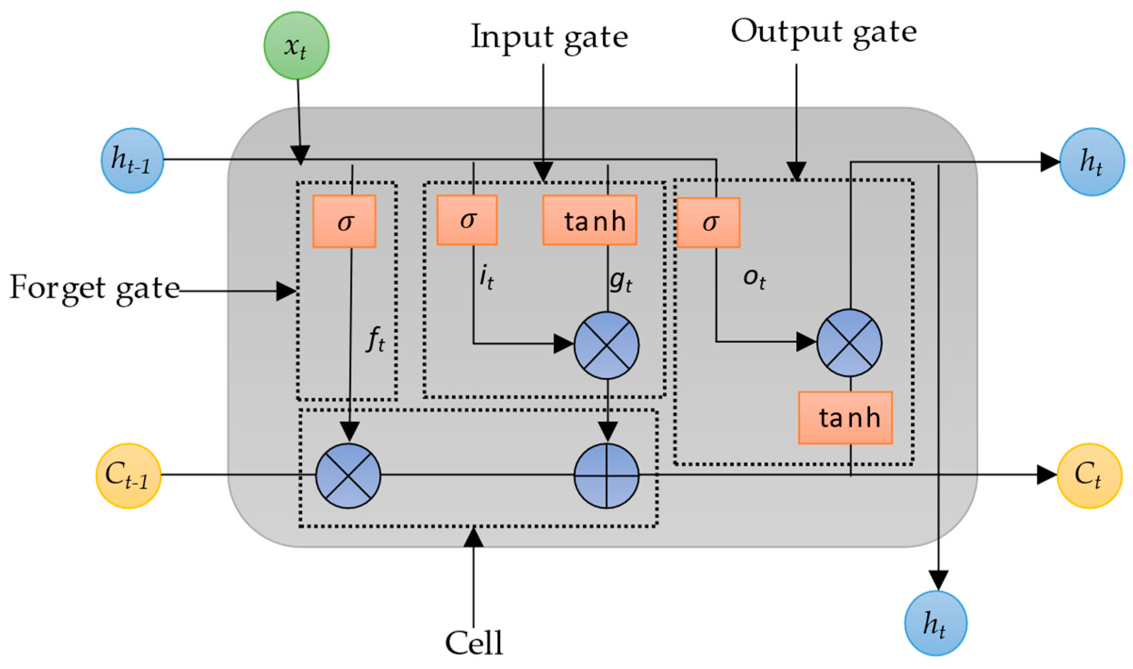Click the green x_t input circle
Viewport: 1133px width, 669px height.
pos(296,46)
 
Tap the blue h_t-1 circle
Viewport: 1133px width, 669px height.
pos(132,160)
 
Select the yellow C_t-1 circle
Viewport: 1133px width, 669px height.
pos(129,475)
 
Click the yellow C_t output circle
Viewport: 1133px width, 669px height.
pos(1089,475)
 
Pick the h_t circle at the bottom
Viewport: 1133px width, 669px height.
pos(935,623)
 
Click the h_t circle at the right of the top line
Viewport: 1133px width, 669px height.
pos(1092,162)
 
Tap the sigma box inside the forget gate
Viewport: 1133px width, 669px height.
pos(344,221)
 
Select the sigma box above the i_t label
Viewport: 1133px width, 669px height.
pos(467,220)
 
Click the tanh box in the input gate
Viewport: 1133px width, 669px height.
pos(589,220)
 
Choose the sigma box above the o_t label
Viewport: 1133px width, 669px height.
pos(708,222)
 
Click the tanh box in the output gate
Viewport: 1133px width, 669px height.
pos(845,417)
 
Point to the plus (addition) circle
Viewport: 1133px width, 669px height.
pos(606,476)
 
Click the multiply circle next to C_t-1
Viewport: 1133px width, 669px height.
pos(348,476)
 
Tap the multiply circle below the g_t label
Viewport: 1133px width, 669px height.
pos(606,345)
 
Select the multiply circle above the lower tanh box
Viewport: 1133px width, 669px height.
pos(849,343)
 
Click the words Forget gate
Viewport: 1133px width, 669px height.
pos(94,289)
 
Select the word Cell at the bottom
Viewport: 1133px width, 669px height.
pos(474,643)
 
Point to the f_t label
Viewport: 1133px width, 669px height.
pos(375,339)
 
